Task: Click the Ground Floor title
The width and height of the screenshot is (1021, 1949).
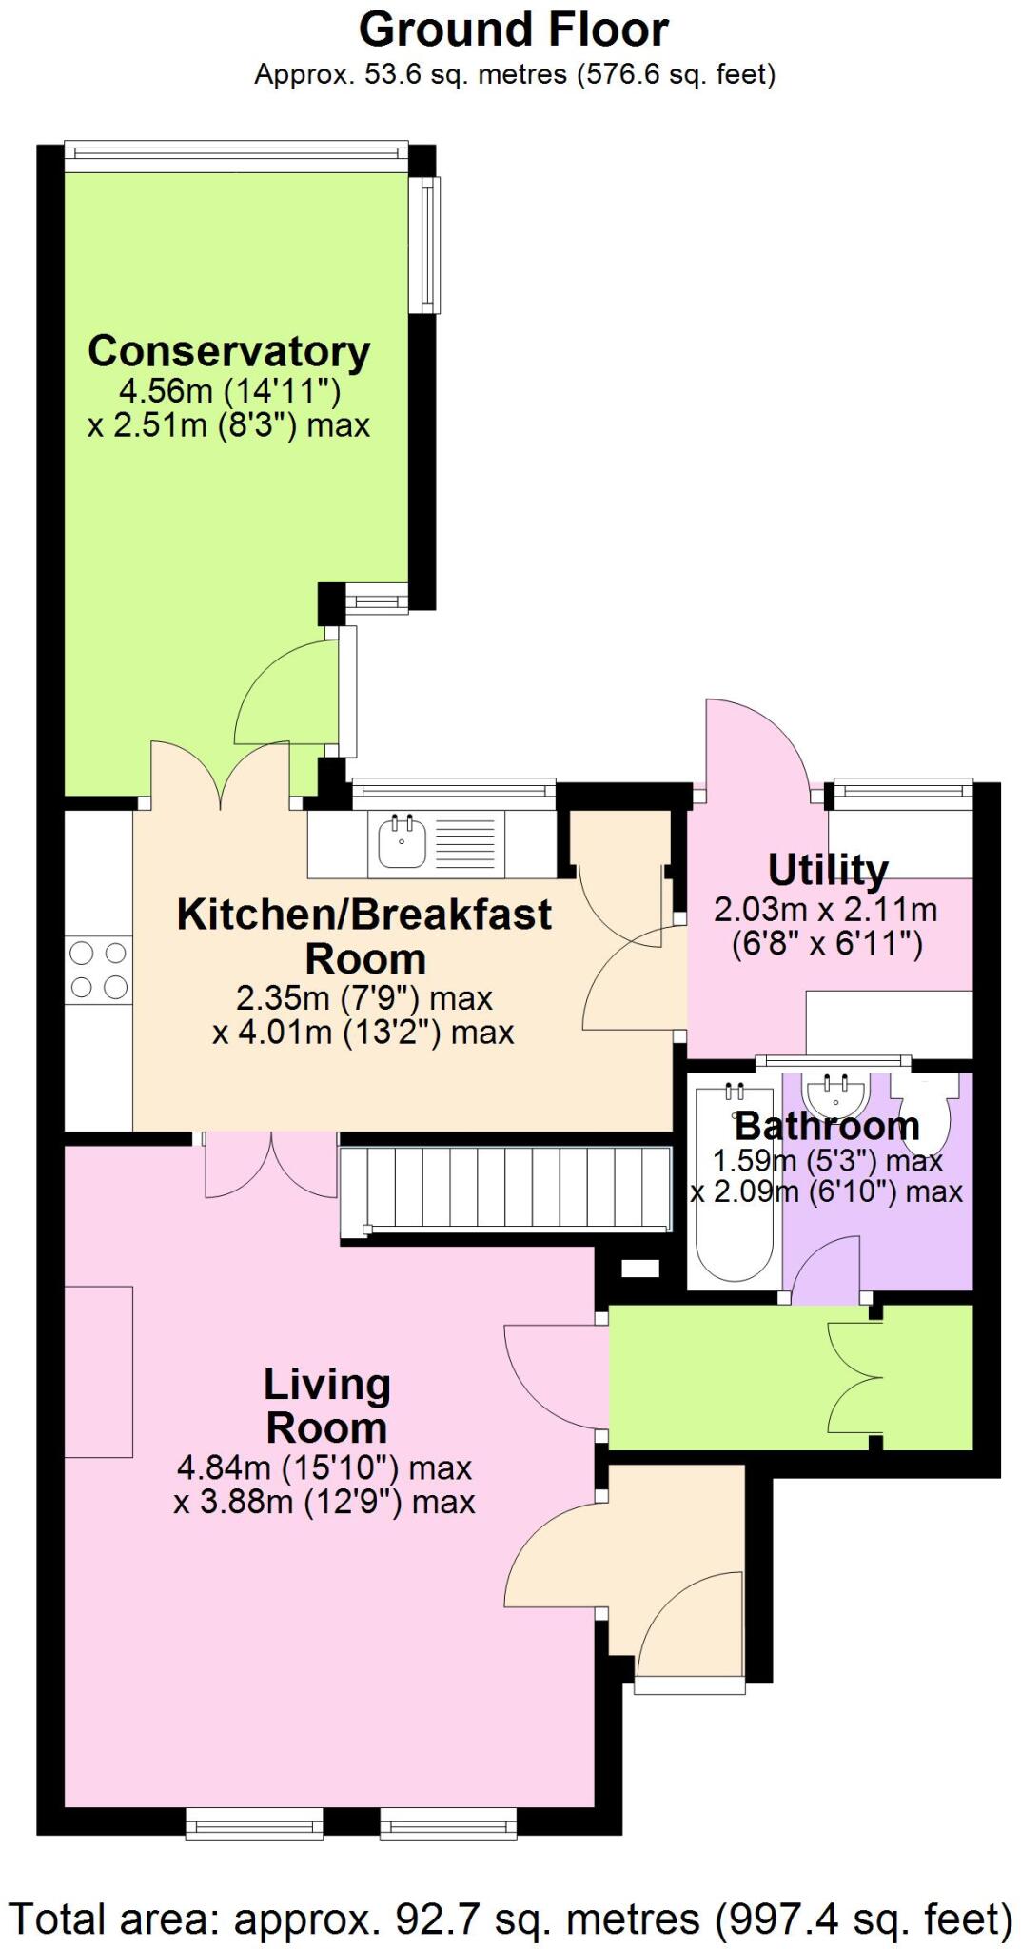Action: click(x=513, y=30)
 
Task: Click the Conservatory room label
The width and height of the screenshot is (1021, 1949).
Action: click(x=228, y=351)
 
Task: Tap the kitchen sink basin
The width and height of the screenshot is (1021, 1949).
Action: click(x=402, y=841)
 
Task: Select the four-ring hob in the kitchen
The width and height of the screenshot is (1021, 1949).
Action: click(x=98, y=970)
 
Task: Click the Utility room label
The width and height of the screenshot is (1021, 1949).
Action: click(x=827, y=870)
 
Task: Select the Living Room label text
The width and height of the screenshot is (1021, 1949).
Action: click(x=326, y=1407)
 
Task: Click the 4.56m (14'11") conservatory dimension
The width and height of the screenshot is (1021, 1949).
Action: click(x=229, y=390)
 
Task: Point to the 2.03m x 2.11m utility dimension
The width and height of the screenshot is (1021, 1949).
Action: click(x=826, y=911)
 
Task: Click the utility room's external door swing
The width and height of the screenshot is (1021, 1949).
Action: click(x=757, y=742)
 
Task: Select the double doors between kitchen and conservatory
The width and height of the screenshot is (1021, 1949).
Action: click(x=221, y=776)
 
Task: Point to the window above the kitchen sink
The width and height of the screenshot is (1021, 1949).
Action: click(x=453, y=789)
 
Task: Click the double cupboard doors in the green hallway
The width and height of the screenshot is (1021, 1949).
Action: click(x=856, y=1377)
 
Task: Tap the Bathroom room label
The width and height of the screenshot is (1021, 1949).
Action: click(x=827, y=1127)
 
